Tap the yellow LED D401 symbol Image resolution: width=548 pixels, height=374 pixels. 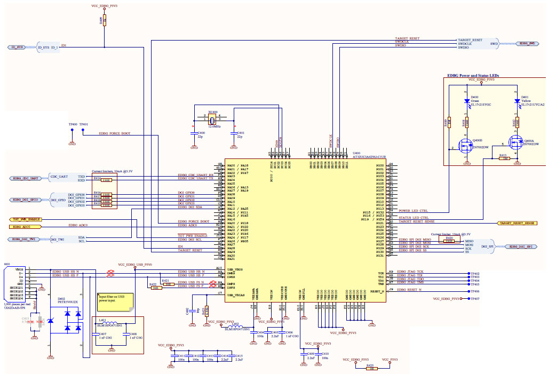tap(517, 100)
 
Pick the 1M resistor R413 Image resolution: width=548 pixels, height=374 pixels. tap(503, 158)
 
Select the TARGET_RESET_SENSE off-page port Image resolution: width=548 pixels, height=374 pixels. tap(517, 222)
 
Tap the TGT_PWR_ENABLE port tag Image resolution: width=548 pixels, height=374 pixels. tap(26, 219)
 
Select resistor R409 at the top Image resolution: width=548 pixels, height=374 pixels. tap(105, 20)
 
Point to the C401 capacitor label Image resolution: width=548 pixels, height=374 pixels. tap(241, 133)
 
